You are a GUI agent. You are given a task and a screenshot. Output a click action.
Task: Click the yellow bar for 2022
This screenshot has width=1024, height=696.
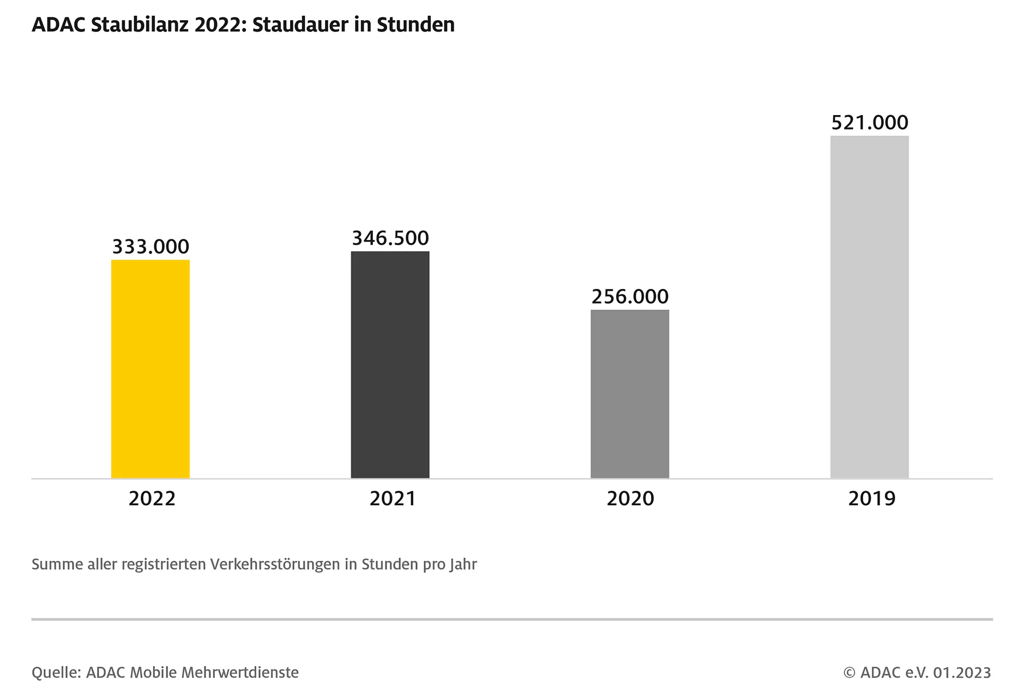pyautogui.click(x=150, y=369)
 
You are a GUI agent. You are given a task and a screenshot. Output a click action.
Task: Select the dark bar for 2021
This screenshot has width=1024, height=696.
pyautogui.click(x=390, y=365)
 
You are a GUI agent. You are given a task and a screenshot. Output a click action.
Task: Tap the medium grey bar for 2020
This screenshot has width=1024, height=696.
pyautogui.click(x=630, y=394)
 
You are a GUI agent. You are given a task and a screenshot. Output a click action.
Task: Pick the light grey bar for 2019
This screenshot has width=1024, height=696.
pyautogui.click(x=869, y=307)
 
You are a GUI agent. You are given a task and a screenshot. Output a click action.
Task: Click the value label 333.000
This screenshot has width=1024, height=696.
pyautogui.click(x=150, y=247)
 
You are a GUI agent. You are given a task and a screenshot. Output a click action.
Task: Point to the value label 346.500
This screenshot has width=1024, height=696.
pyautogui.click(x=390, y=238)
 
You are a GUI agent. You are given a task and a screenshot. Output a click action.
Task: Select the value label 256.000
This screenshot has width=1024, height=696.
pyautogui.click(x=630, y=296)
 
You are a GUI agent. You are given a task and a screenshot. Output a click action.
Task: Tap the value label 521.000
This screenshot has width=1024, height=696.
pyautogui.click(x=870, y=123)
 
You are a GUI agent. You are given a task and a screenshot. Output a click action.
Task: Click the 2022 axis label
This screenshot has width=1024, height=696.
pyautogui.click(x=152, y=499)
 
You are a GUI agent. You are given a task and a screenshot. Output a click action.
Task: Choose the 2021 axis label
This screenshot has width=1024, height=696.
pyautogui.click(x=393, y=499)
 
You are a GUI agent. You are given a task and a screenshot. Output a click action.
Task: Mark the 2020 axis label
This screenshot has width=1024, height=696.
pyautogui.click(x=630, y=499)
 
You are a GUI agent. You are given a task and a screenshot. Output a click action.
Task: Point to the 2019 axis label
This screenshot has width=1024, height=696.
pyautogui.click(x=871, y=499)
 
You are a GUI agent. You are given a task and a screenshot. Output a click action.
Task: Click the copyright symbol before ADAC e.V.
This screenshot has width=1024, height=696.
pyautogui.click(x=849, y=673)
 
